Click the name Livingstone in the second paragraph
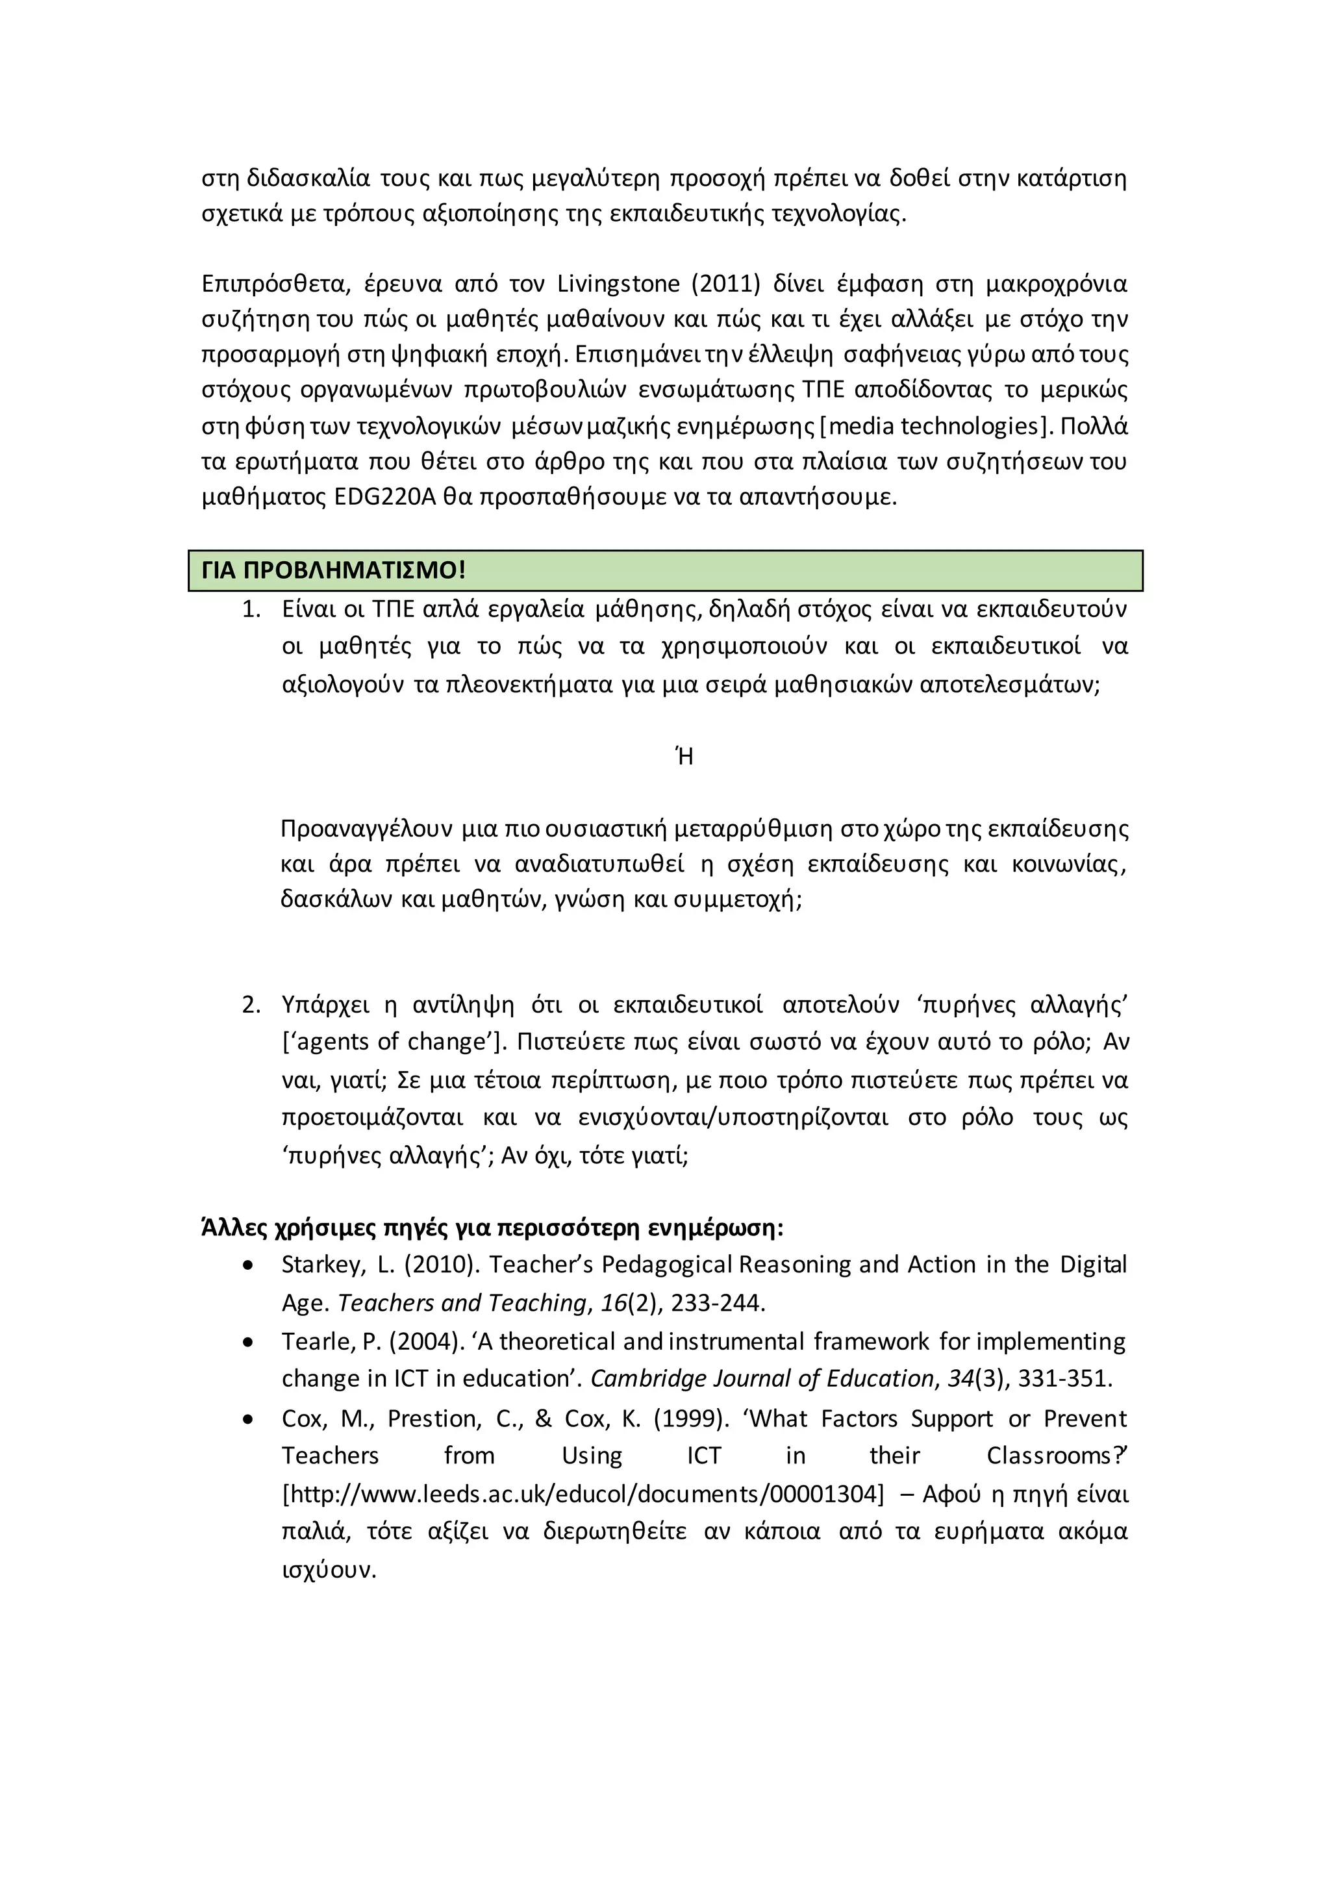point(618,284)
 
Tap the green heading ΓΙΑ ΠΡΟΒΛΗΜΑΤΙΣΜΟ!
point(333,570)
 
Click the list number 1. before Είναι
point(251,609)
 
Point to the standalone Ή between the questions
point(684,756)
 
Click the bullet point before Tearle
point(248,1342)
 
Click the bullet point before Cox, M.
point(248,1419)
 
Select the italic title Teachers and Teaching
point(462,1304)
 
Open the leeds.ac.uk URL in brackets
point(583,1495)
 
